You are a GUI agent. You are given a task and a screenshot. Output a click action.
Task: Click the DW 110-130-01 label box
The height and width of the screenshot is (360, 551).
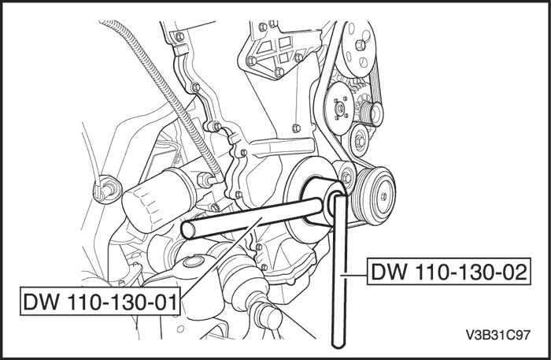pos(100,301)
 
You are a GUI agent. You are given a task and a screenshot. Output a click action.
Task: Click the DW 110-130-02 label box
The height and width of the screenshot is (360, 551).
pos(449,272)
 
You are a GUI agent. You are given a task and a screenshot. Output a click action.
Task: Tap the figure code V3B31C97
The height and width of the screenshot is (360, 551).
pos(497,335)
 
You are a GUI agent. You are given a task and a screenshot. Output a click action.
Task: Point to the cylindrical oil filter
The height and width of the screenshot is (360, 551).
pos(157,199)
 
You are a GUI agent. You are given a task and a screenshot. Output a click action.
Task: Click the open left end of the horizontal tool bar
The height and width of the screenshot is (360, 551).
pos(187,231)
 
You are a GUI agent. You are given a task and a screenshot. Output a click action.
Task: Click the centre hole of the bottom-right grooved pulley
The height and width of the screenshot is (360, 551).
pos(383,196)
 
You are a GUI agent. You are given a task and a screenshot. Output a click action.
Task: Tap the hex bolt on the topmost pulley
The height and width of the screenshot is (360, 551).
pos(360,45)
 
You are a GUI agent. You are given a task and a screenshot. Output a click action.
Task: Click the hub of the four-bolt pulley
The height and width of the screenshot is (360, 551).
pos(340,108)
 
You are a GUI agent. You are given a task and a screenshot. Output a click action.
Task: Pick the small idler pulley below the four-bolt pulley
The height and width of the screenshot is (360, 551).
pos(360,140)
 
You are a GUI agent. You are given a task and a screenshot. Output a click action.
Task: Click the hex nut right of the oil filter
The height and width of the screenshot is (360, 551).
pos(203,180)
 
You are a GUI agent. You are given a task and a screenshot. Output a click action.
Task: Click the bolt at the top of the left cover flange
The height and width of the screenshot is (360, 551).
pos(179,36)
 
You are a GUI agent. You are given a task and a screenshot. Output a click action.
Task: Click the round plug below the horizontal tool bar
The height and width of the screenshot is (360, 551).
pos(194,262)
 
